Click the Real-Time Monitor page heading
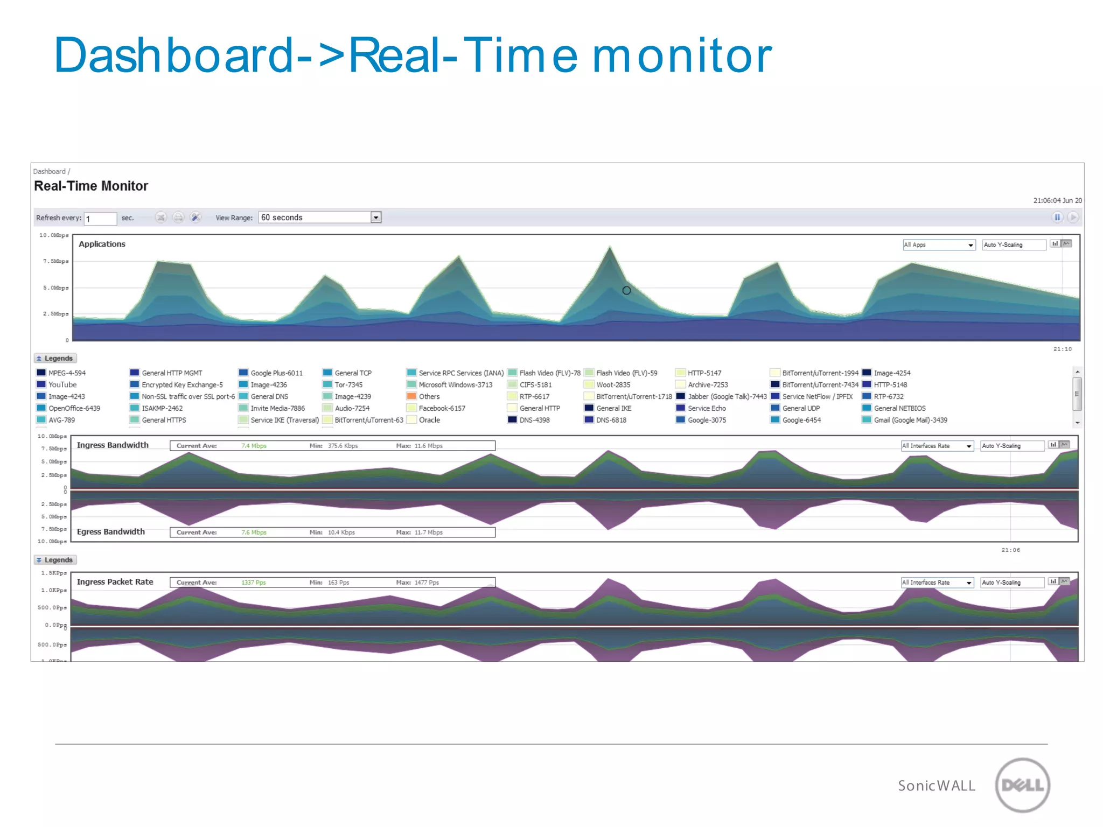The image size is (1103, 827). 90,186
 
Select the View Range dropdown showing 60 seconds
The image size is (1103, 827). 319,218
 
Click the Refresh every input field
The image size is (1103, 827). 100,219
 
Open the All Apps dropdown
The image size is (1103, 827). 939,245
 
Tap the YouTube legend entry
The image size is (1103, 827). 62,384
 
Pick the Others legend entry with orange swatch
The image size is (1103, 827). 429,396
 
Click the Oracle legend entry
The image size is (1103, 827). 429,420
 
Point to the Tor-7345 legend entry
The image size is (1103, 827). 348,384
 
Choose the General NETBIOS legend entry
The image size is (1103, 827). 899,408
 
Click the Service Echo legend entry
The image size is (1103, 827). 706,408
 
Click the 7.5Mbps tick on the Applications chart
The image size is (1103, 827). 56,261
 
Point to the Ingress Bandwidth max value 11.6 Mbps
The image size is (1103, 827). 428,446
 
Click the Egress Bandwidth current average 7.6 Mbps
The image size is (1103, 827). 254,532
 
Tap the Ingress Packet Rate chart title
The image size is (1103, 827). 115,582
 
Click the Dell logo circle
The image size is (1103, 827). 1022,785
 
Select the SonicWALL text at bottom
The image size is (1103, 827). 936,786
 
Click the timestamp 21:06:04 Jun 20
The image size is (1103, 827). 1057,200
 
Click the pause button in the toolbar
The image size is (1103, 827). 1057,218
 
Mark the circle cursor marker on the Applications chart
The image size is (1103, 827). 626,291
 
